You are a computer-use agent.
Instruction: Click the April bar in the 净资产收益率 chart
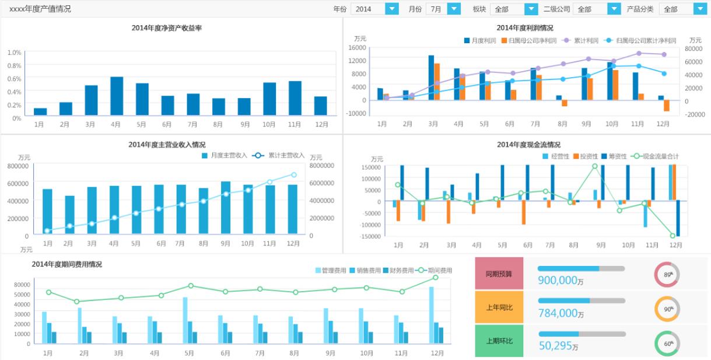[117, 96]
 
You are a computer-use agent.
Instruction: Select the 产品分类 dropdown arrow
[699, 9]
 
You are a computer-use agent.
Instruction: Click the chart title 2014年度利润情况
[525, 27]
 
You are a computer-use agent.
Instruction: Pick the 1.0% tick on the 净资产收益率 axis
[15, 53]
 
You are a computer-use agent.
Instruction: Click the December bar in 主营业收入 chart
[292, 209]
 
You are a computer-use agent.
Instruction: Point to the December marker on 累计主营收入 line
[293, 174]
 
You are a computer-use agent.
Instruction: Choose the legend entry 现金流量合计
[659, 156]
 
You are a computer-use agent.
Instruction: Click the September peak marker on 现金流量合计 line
[595, 166]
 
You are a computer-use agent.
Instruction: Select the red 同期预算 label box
[499, 273]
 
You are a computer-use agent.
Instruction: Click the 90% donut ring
[667, 309]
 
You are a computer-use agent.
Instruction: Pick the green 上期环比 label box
[499, 341]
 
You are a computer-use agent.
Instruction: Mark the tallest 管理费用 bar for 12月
[432, 315]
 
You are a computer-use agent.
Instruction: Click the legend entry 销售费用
[369, 271]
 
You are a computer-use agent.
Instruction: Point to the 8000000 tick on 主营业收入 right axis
[322, 166]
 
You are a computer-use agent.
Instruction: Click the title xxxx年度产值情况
[40, 9]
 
